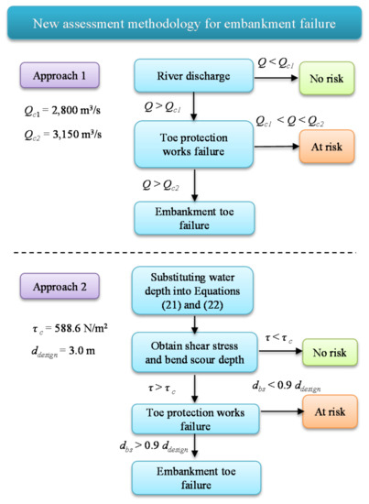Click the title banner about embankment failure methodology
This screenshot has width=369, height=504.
click(x=184, y=21)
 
